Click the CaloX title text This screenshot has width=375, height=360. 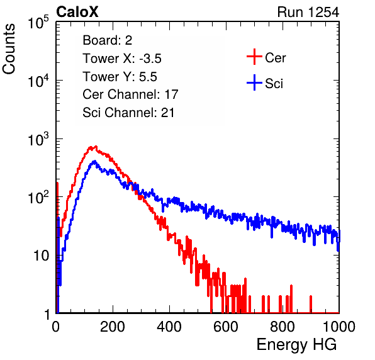tap(77, 12)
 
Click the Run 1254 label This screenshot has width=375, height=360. tap(308, 12)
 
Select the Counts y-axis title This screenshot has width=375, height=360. tap(9, 49)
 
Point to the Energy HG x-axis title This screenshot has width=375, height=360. tap(296, 345)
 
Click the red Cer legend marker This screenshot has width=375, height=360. tap(254, 57)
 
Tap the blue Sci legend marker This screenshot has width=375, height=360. tap(254, 82)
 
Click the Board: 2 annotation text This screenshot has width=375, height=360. tap(108, 40)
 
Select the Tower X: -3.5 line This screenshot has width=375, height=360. tap(122, 59)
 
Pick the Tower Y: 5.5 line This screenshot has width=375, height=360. tap(120, 77)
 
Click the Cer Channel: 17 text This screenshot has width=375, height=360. tap(130, 94)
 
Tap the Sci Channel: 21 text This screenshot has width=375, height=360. tap(128, 113)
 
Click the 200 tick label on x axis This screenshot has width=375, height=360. tap(113, 327)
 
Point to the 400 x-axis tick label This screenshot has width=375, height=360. tap(169, 327)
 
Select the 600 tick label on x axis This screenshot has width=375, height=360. tap(226, 327)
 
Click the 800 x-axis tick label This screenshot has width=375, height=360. tap(283, 327)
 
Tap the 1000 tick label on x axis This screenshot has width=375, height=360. tap(339, 327)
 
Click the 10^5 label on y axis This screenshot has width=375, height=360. tap(38, 23)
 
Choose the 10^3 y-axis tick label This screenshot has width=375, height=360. tap(38, 140)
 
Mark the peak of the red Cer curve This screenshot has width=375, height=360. tap(96, 146)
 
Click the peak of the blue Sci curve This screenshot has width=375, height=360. tap(94, 161)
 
